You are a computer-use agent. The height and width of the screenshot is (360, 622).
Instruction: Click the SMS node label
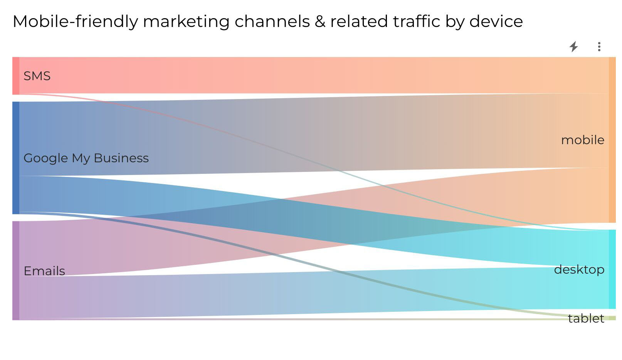[37, 76]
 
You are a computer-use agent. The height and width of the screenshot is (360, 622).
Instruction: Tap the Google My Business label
[86, 158]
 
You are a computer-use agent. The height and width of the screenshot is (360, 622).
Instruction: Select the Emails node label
[44, 271]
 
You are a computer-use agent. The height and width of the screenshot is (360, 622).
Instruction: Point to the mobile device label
[582, 140]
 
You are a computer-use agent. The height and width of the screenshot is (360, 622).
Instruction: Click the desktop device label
[579, 269]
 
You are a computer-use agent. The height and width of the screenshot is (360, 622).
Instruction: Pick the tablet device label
[586, 318]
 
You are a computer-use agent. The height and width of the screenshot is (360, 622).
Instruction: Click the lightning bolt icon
[574, 47]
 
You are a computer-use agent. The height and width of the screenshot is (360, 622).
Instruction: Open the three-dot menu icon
[599, 47]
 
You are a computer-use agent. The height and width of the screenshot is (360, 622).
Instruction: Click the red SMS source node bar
[16, 76]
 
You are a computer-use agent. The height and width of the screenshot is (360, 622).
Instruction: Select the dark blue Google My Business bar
[16, 158]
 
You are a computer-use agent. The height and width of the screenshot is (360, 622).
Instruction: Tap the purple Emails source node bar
[16, 271]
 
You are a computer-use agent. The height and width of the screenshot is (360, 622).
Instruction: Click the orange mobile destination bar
[612, 140]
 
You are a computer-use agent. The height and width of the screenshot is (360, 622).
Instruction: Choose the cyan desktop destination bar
[612, 269]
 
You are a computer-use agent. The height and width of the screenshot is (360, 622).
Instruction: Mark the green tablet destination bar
[612, 318]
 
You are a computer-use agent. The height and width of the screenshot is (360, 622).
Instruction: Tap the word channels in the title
[272, 22]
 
